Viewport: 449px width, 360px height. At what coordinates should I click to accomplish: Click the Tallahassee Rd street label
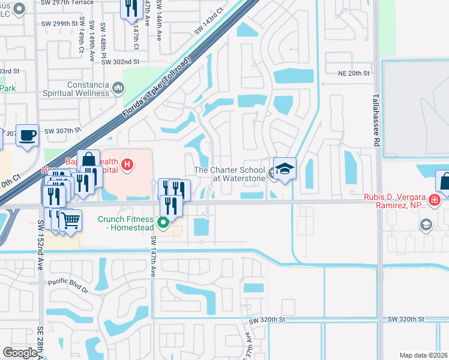[376, 119]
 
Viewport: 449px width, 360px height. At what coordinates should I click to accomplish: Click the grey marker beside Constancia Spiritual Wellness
[118, 89]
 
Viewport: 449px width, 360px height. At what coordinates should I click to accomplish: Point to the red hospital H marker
[127, 163]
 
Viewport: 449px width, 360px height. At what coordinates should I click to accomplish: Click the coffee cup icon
[26, 134]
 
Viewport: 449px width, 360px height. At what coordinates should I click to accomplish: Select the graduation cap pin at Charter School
[285, 167]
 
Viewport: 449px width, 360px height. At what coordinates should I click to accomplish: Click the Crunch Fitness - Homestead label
[125, 223]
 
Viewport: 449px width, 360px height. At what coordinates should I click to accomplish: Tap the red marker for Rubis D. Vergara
[433, 199]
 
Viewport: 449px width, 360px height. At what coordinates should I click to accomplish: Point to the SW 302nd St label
[120, 61]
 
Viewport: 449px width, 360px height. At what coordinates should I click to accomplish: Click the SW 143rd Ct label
[208, 22]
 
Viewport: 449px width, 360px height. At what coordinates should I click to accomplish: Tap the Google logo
[20, 353]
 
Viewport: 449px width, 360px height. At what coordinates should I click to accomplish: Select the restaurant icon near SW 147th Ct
[130, 8]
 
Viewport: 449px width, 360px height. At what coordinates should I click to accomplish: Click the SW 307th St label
[62, 130]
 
